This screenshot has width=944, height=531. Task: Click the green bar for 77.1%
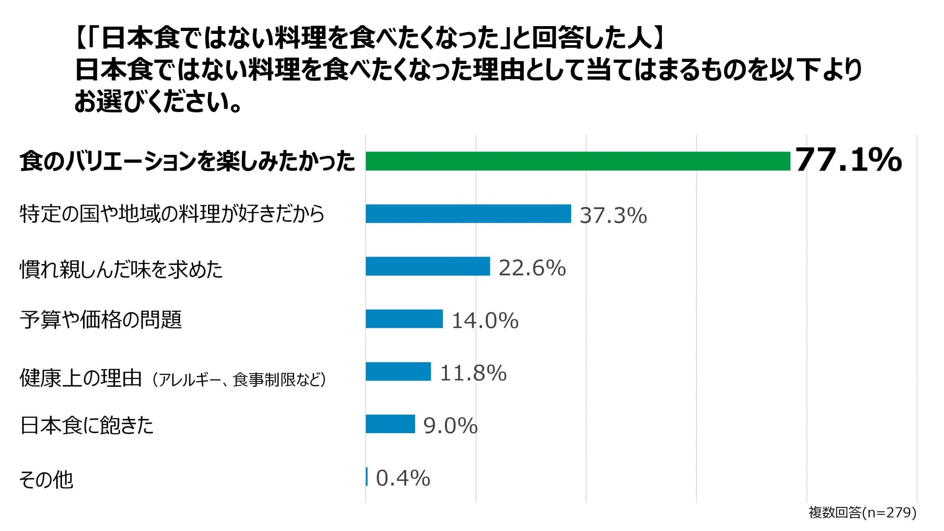[578, 161]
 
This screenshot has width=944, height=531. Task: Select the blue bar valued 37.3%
[468, 214]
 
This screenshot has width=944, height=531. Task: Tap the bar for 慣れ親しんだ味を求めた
[428, 266]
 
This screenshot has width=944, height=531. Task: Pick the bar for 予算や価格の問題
[404, 319]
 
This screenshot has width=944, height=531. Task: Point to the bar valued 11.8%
[398, 372]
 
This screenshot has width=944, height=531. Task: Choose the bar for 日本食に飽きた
[390, 424]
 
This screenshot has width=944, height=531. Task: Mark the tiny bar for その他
[367, 477]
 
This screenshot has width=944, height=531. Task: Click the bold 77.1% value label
[849, 160]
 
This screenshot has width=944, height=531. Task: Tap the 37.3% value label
[613, 215]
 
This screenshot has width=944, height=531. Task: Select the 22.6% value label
[532, 268]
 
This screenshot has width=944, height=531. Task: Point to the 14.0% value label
[485, 321]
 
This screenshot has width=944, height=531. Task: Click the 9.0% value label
[450, 426]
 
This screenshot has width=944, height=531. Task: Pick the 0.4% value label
[403, 478]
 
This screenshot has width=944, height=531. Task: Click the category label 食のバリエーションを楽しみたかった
[187, 161]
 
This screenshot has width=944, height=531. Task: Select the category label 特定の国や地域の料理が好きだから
[172, 214]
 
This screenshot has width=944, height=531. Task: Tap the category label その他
[46, 479]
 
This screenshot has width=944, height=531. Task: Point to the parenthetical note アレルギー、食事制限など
[239, 380]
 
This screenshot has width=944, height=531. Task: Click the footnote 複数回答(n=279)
[862, 512]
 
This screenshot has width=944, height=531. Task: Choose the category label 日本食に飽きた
[87, 426]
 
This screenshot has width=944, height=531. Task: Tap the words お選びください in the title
[152, 102]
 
